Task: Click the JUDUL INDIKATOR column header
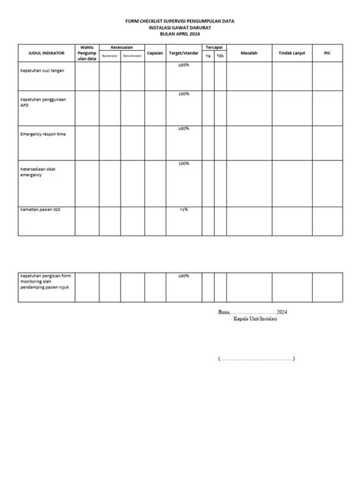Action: [46, 54]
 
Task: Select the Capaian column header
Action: [155, 54]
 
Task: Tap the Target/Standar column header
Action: [184, 54]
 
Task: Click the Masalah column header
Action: [248, 54]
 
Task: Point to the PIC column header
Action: [327, 54]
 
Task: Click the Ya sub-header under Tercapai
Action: [207, 56]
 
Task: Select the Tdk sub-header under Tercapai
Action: [219, 56]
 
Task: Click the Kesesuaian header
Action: [122, 48]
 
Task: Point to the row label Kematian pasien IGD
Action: [42, 209]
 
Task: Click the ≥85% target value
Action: [184, 66]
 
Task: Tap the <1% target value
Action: [184, 207]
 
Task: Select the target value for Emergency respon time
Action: [184, 128]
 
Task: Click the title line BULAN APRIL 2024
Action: [180, 35]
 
